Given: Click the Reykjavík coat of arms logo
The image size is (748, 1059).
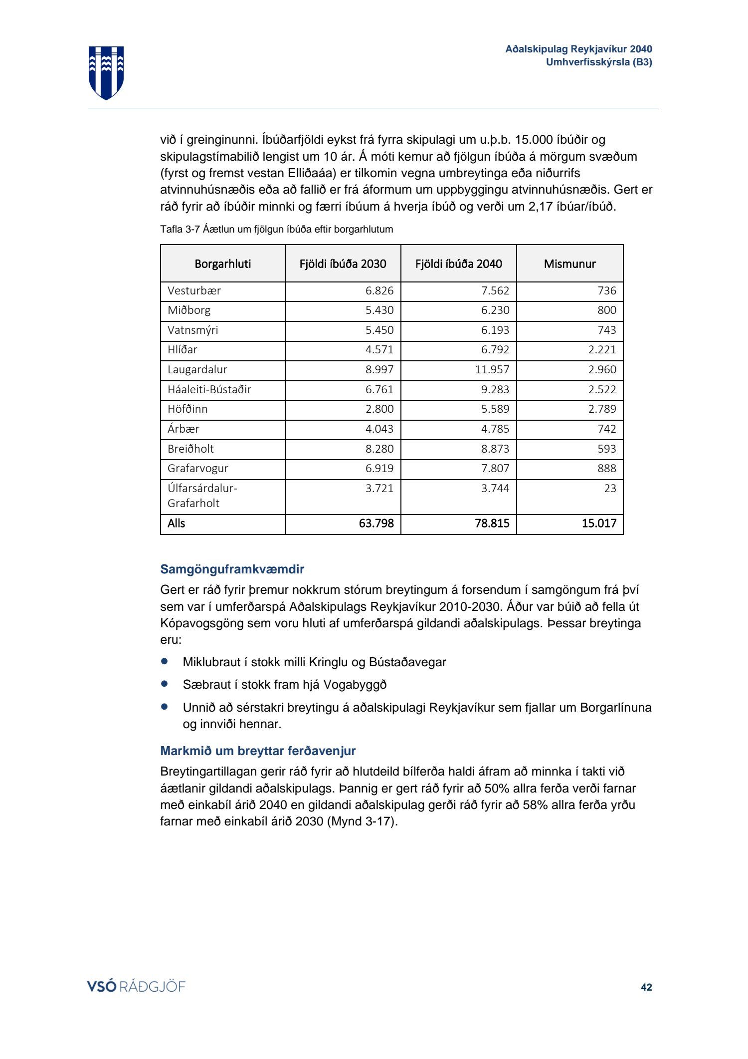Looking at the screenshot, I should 106,72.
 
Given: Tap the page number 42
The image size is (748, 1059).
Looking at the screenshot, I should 646,987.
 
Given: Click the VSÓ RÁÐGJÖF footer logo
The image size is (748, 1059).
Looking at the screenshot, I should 136,986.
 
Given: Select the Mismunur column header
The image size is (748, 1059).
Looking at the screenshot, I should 569,264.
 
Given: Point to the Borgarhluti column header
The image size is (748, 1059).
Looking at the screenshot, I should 222,264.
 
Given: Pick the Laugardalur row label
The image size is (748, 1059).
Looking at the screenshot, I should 197,369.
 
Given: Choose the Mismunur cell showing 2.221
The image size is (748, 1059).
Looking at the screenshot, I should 602,349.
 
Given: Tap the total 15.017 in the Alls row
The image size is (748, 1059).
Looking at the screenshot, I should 598,523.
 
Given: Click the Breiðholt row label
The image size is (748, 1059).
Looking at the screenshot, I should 190,449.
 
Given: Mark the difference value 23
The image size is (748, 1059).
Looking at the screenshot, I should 610,488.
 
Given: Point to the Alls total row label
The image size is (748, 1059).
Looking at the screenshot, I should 177,523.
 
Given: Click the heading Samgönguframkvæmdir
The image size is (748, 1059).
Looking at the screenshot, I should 232,569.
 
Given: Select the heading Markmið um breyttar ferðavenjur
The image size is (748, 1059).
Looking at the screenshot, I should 258,751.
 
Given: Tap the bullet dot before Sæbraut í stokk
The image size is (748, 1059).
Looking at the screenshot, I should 165,684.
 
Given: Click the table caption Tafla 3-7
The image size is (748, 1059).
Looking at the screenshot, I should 276,229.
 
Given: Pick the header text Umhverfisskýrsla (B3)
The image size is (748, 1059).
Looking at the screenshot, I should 598,62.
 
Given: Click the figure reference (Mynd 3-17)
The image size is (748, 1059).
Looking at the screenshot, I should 362,821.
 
